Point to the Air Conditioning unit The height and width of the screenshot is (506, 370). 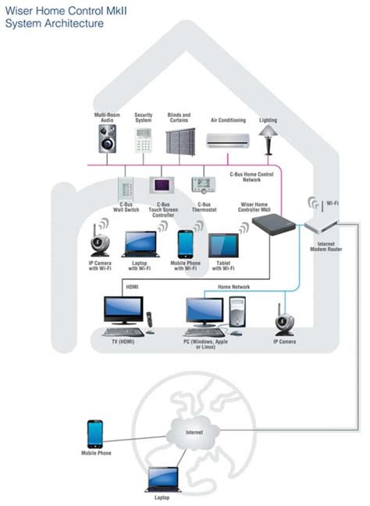point(228,140)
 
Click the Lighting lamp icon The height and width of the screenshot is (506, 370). point(268,133)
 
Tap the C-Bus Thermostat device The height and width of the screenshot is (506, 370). point(203,185)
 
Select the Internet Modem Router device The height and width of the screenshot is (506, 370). point(322,226)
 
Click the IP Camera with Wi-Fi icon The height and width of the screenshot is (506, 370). point(99,243)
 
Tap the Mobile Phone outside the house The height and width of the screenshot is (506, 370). point(94,433)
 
